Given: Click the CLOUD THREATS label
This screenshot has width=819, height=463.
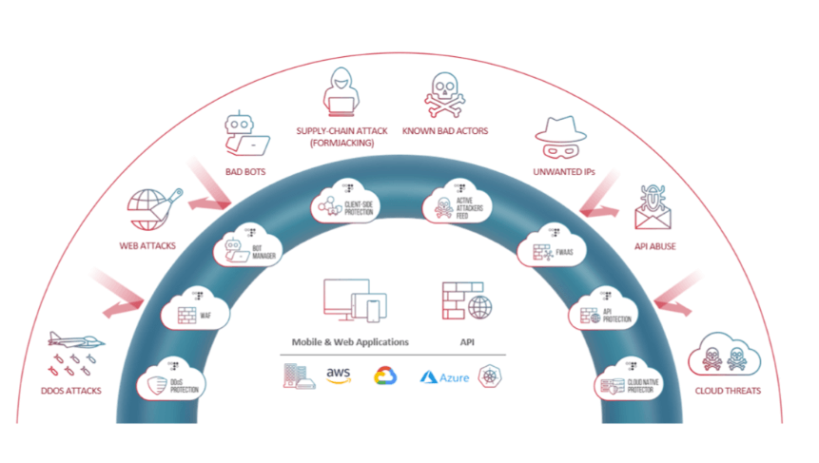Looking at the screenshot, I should coord(729,391).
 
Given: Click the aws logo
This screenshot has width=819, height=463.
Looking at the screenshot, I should coord(340,376).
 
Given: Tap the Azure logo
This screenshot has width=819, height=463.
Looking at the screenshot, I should coord(446,376).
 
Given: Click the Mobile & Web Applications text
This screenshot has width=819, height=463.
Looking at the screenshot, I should coord(350,341).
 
